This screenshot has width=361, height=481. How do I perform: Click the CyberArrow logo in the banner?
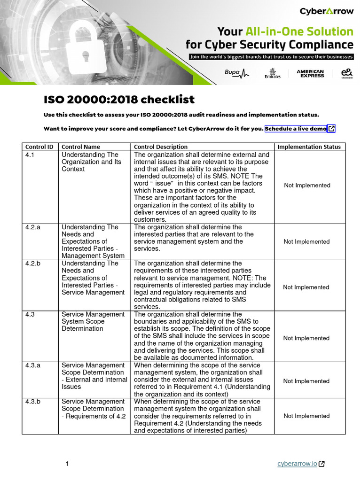tap(326, 11)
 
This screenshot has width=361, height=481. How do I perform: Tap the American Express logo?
tap(310, 74)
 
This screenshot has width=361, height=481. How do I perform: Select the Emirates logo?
tap(272, 74)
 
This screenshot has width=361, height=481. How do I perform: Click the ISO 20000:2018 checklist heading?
tap(119, 100)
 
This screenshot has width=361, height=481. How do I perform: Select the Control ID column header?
tap(39, 147)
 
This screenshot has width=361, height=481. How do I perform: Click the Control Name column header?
tap(81, 147)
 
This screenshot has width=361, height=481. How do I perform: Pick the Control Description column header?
tap(161, 147)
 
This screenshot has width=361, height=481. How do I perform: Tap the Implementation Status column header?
tap(309, 147)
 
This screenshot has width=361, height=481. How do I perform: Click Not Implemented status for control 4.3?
tap(306, 338)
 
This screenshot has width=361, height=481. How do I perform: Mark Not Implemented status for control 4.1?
tap(307, 185)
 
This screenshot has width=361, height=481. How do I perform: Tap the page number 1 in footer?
tap(67, 464)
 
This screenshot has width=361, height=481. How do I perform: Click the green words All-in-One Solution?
tap(299, 31)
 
